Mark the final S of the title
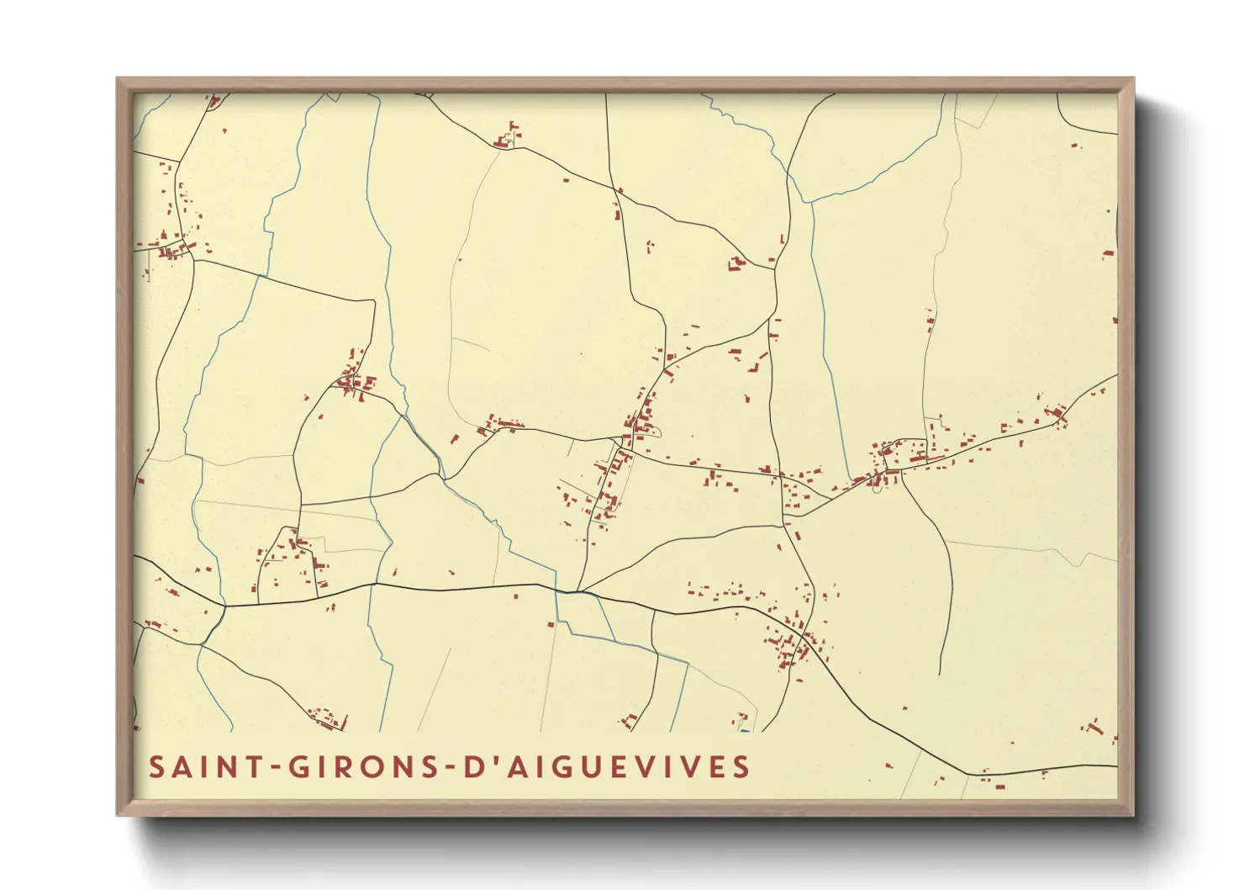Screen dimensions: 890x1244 pyautogui.click(x=741, y=767)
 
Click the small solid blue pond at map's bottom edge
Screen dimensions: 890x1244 pyautogui.click(x=744, y=729)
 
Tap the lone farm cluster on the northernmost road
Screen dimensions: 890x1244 pyautogui.click(x=507, y=136)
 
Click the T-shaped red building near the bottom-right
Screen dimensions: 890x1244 pyautogui.click(x=1093, y=726)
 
